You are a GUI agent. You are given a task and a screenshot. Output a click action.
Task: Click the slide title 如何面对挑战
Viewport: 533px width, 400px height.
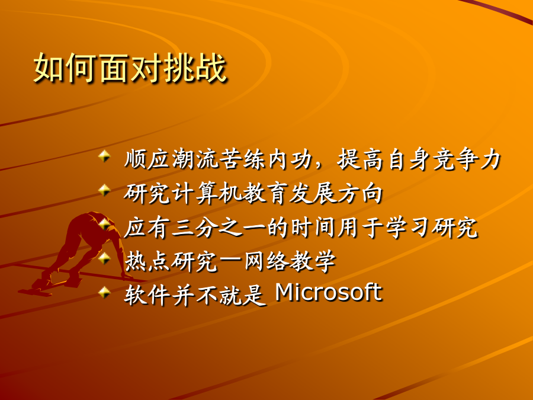pyautogui.click(x=130, y=68)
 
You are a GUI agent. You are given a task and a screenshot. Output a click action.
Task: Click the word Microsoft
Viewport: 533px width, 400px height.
pyautogui.click(x=329, y=292)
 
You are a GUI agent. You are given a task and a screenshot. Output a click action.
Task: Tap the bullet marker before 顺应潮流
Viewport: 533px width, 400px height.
pyautogui.click(x=105, y=156)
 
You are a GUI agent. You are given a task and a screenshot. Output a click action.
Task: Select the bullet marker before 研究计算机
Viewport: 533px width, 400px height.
pyautogui.click(x=105, y=190)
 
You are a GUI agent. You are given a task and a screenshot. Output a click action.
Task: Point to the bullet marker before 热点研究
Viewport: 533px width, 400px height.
pyautogui.click(x=105, y=258)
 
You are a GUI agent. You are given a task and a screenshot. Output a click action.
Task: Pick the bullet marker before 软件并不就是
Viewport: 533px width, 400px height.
pyautogui.click(x=105, y=292)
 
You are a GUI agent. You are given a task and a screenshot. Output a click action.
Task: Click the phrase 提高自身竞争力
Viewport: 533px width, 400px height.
pyautogui.click(x=419, y=159)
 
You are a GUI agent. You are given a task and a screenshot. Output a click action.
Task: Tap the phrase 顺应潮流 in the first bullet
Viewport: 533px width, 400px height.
pyautogui.click(x=171, y=159)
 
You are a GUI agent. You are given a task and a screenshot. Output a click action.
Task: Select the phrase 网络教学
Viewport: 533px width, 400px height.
pyautogui.click(x=290, y=261)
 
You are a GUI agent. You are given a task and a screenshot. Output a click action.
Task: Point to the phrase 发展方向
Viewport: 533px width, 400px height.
pyautogui.click(x=336, y=193)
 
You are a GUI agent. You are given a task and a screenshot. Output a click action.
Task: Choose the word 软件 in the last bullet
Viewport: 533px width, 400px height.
pyautogui.click(x=147, y=295)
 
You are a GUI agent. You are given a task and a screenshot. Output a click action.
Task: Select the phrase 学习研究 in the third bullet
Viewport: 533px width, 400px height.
pyautogui.click(x=432, y=227)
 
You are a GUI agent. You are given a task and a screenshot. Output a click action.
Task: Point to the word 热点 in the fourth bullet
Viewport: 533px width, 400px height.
pyautogui.click(x=147, y=261)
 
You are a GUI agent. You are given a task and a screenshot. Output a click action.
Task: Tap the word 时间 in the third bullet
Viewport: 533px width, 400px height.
pyautogui.click(x=313, y=227)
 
